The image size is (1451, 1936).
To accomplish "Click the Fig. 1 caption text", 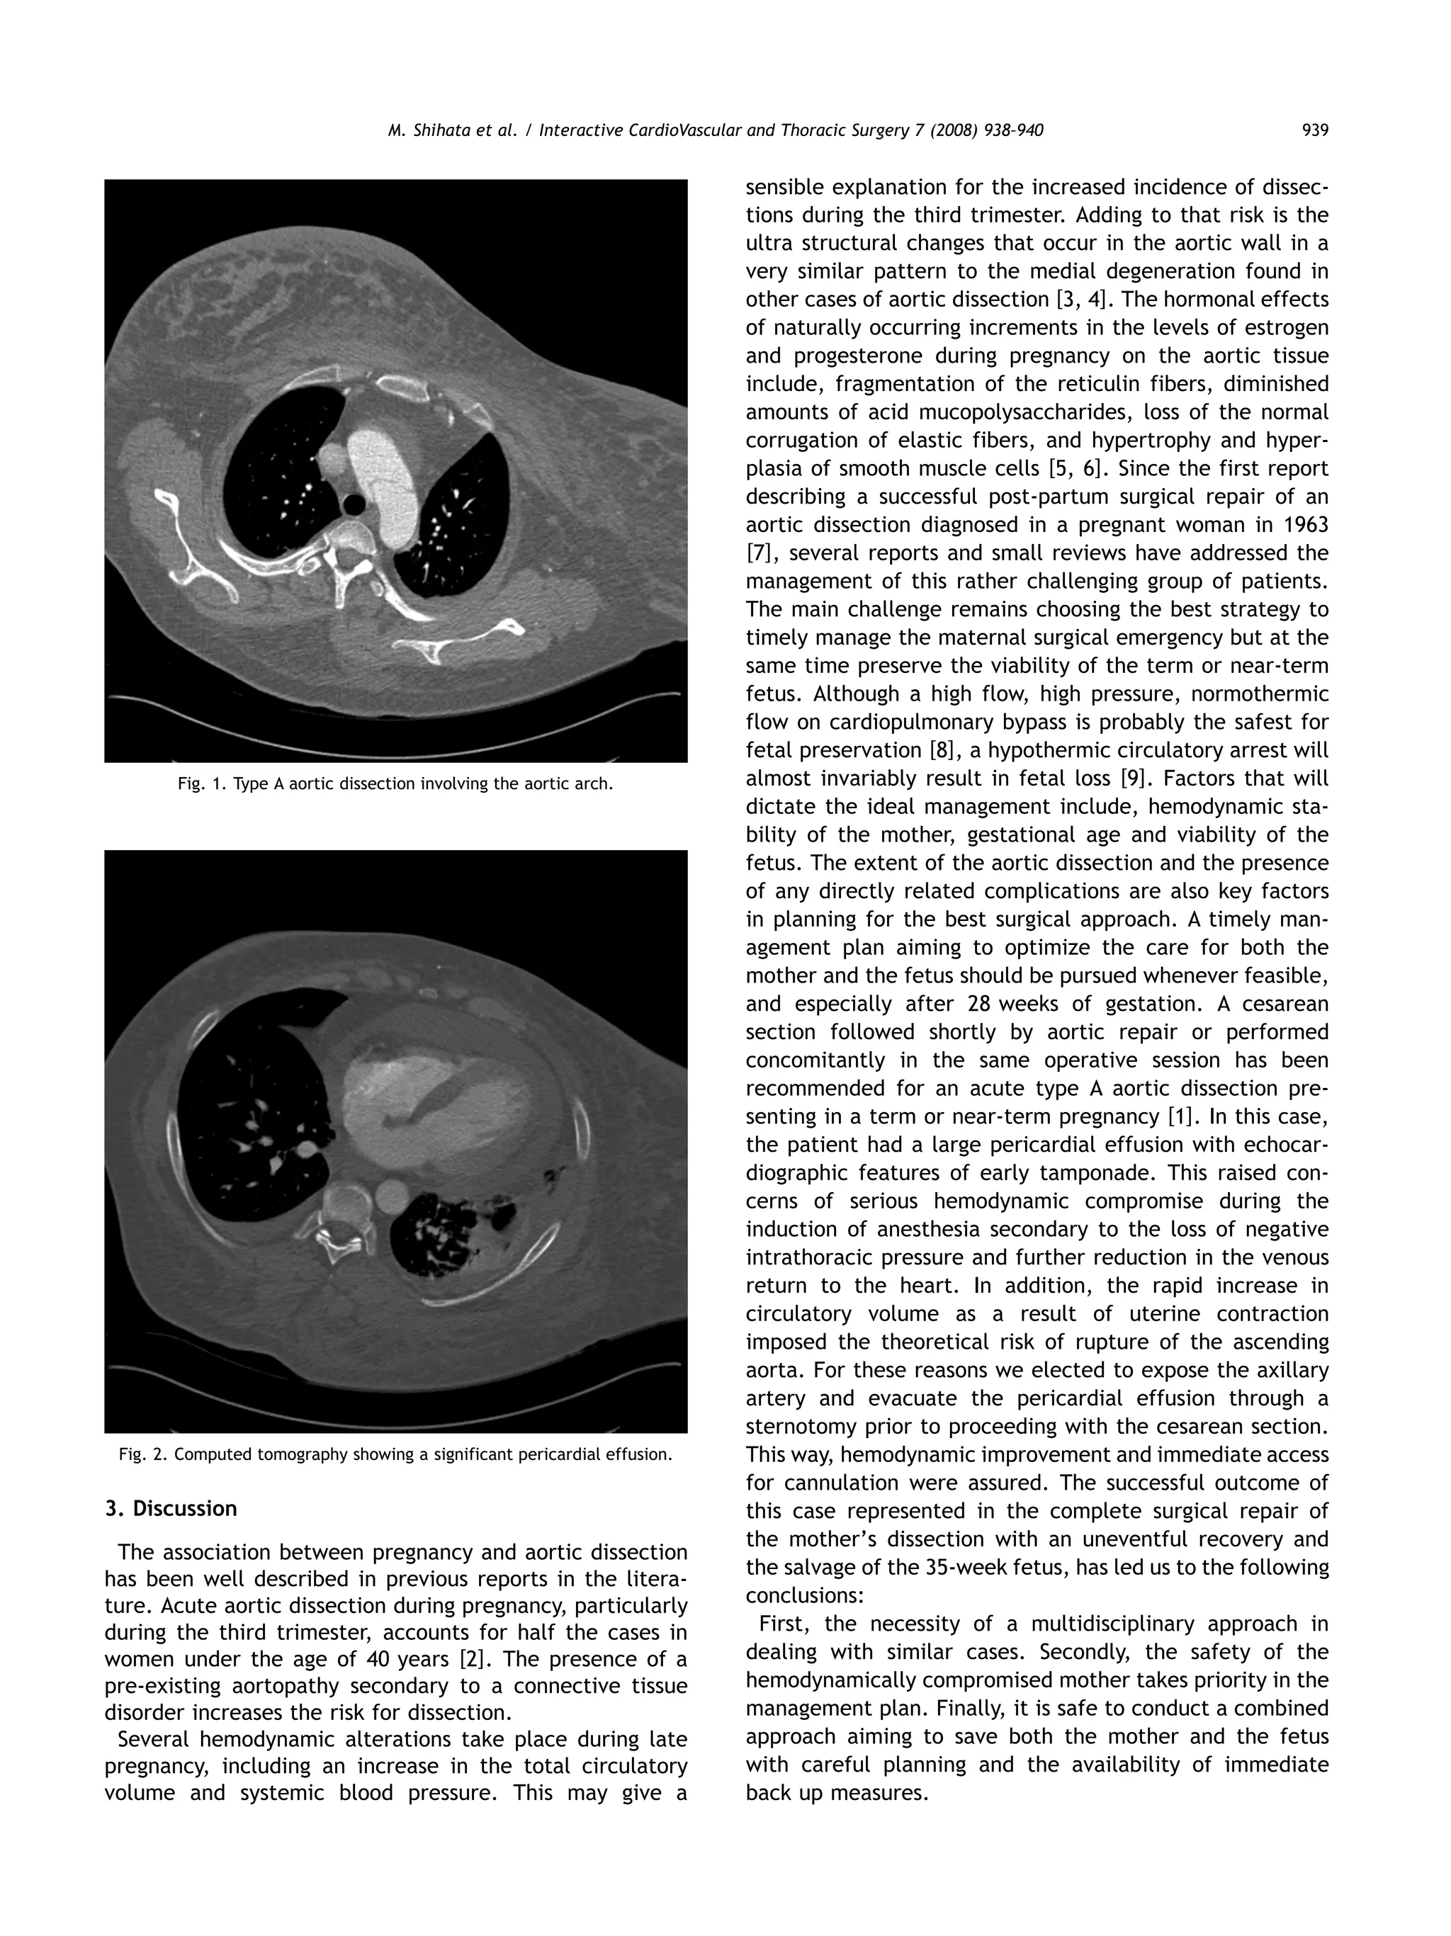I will click(x=395, y=784).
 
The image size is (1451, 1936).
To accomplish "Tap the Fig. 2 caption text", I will click(x=395, y=1454).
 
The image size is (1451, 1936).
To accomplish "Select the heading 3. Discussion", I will click(x=171, y=1509).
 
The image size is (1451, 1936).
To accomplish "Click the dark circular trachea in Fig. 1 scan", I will click(x=354, y=505).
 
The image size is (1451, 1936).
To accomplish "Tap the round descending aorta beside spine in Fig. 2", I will click(x=392, y=1196).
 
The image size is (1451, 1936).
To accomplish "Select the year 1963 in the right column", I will click(x=1304, y=525).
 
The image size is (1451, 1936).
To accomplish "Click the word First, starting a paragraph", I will click(x=784, y=1624).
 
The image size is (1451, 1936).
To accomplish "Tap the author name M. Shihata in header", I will click(x=424, y=131).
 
